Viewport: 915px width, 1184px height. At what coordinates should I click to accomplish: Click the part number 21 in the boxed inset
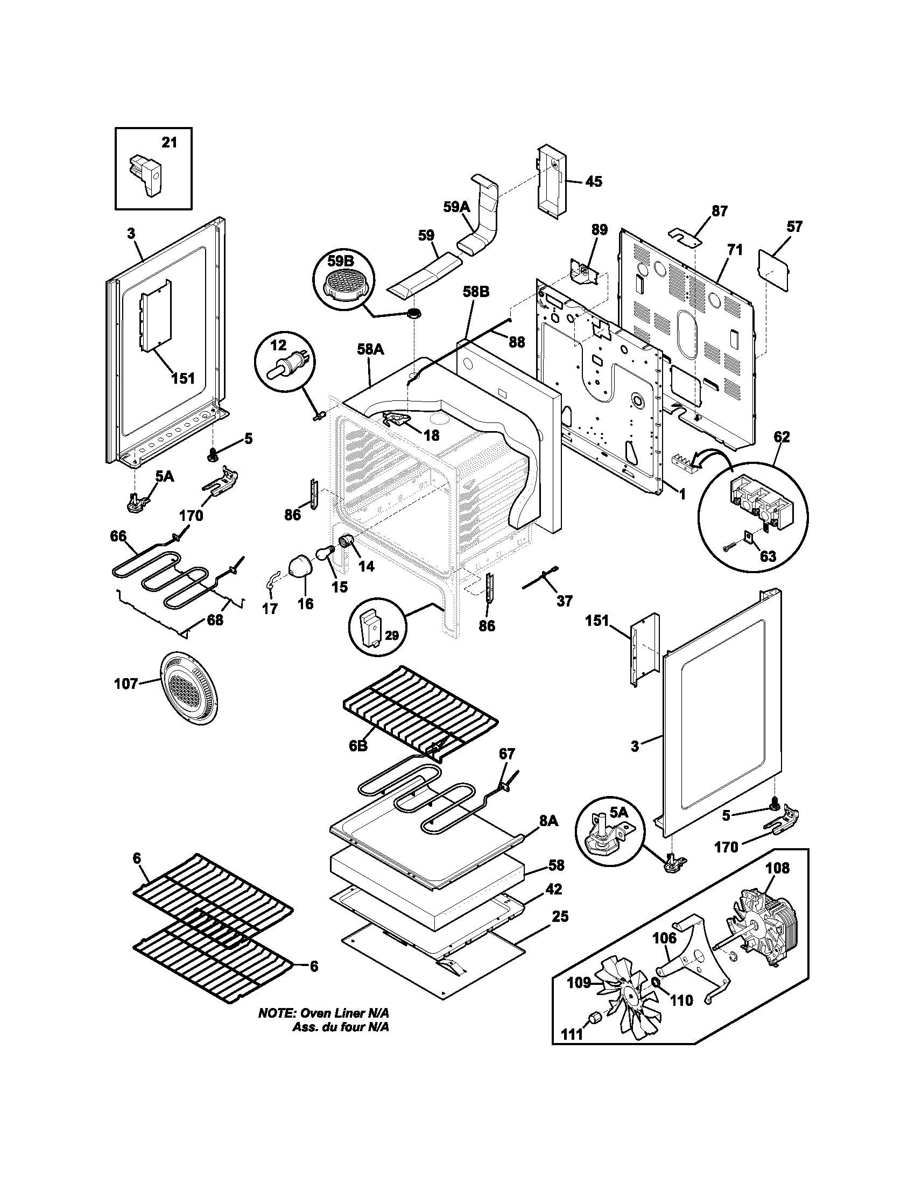coord(169,143)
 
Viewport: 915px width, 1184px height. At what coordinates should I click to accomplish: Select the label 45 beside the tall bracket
coord(594,181)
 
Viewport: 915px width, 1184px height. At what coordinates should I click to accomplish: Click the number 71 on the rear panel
coord(735,250)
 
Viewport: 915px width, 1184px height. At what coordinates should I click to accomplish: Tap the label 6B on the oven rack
coord(358,746)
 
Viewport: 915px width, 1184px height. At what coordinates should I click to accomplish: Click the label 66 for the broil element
coord(118,536)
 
